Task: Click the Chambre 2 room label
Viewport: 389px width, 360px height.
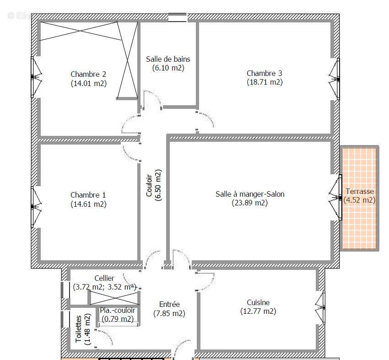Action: pyautogui.click(x=88, y=74)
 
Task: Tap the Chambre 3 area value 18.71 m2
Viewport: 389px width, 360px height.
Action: pyautogui.click(x=264, y=82)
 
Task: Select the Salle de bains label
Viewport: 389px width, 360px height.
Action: pyautogui.click(x=168, y=59)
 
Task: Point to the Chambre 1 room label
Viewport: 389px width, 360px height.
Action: pyautogui.click(x=88, y=195)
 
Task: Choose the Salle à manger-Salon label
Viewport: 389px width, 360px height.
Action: pyautogui.click(x=250, y=194)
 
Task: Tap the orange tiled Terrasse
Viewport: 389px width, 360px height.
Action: pyautogui.click(x=360, y=220)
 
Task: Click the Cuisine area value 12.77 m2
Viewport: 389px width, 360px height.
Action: pyautogui.click(x=258, y=312)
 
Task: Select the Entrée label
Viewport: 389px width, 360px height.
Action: pyautogui.click(x=169, y=304)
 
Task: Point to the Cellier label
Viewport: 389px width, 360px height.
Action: pyautogui.click(x=104, y=278)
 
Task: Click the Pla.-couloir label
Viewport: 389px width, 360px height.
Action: pyautogui.click(x=118, y=310)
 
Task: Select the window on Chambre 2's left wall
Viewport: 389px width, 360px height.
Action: pyautogui.click(x=34, y=77)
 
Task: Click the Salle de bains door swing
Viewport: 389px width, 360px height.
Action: pyautogui.click(x=152, y=100)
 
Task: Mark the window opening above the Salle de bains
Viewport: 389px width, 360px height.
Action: pyautogui.click(x=178, y=17)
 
